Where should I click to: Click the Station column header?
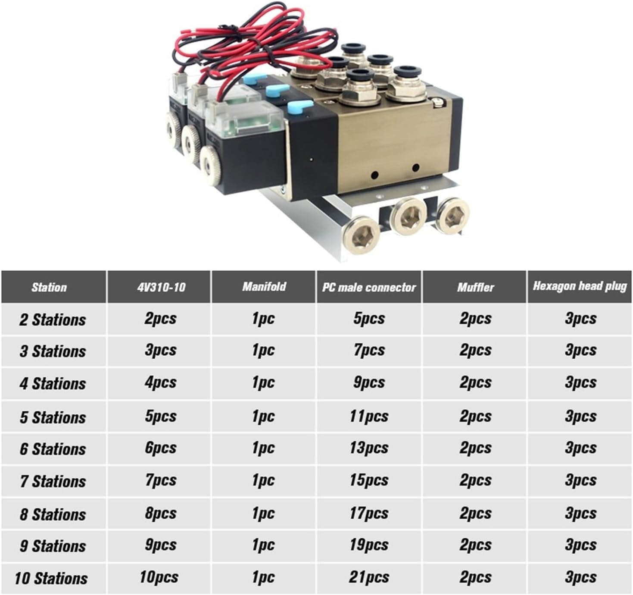(49, 287)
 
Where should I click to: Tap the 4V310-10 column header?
(160, 287)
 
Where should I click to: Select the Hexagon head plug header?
(580, 286)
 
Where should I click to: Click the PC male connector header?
(369, 287)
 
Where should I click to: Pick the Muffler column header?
(475, 287)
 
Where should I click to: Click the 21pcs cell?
(369, 577)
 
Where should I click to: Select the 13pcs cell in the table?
(369, 448)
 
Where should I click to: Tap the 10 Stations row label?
(51, 578)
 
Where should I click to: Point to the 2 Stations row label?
(52, 319)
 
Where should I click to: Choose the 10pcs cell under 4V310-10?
(159, 577)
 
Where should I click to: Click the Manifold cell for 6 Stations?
(263, 448)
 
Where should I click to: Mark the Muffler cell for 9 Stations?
(475, 545)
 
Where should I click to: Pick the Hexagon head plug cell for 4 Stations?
(580, 382)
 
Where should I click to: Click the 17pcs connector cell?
(369, 513)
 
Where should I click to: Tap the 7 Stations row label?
(53, 481)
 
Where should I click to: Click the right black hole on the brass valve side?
(415, 167)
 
